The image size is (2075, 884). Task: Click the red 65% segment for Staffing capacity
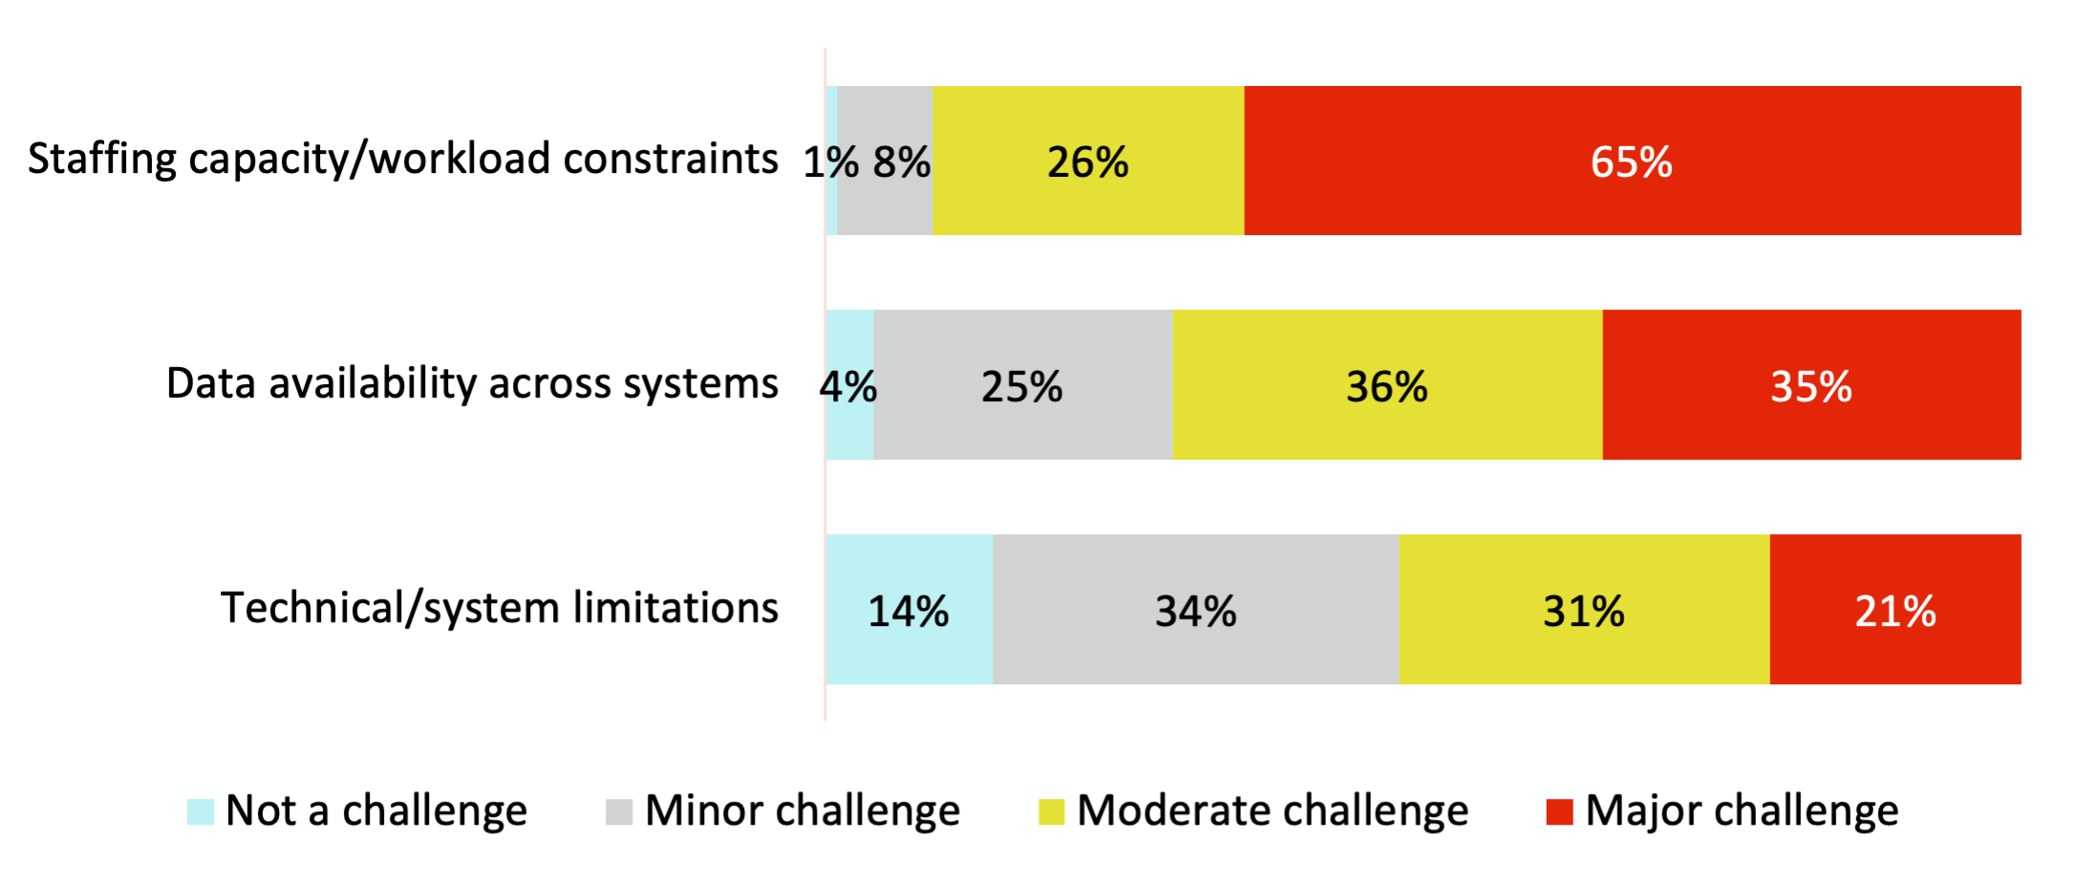point(1632,161)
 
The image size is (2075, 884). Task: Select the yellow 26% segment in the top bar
point(1088,161)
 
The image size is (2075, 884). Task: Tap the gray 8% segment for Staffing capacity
point(886,161)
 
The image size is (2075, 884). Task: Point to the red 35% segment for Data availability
point(1811,385)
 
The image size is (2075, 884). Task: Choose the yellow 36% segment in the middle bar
point(1387,385)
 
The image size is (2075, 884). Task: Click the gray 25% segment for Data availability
point(1022,385)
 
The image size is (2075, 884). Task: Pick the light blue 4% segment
point(850,385)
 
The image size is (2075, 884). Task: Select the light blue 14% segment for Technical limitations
point(909,610)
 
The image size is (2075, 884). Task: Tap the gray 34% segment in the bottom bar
point(1195,610)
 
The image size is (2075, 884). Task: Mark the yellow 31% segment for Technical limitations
point(1584,610)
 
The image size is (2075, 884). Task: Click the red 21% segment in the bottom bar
point(1895,610)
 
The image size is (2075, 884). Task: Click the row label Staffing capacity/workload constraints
point(402,159)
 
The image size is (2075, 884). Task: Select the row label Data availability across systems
point(472,383)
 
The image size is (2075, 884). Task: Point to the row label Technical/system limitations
point(500,608)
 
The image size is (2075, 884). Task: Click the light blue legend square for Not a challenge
point(201,811)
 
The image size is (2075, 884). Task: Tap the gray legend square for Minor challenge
point(619,811)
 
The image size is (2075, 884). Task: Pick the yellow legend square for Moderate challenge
point(1051,811)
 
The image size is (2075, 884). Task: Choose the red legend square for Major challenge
point(1559,811)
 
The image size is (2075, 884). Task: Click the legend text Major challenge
point(1742,811)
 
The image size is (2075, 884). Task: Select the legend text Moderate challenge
point(1273,811)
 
